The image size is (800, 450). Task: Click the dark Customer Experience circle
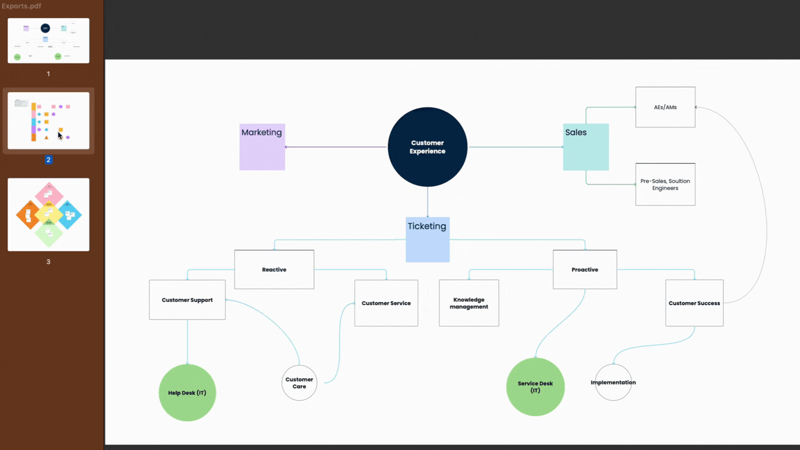(x=427, y=147)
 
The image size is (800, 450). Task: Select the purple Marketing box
(x=262, y=147)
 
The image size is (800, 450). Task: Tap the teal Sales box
(x=585, y=147)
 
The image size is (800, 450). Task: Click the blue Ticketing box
(x=427, y=240)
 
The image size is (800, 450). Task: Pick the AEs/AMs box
(x=665, y=107)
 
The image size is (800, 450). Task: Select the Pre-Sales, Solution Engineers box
(x=665, y=184)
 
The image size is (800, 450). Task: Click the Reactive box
(x=274, y=270)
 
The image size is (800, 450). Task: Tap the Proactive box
(x=585, y=270)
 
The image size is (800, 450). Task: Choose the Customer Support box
(x=187, y=300)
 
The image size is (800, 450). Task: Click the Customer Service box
(x=386, y=303)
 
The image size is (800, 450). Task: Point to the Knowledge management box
(x=469, y=303)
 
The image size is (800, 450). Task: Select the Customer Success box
(x=694, y=303)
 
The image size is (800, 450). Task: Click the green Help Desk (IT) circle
(x=187, y=392)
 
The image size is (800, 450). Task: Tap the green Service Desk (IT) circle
(x=535, y=387)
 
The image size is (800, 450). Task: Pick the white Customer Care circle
(x=299, y=382)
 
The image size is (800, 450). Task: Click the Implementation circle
(x=613, y=382)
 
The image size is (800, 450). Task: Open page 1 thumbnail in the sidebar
(x=48, y=40)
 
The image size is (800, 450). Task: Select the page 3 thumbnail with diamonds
(x=48, y=215)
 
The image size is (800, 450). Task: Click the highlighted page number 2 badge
(x=48, y=160)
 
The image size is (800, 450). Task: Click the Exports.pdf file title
(x=21, y=6)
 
